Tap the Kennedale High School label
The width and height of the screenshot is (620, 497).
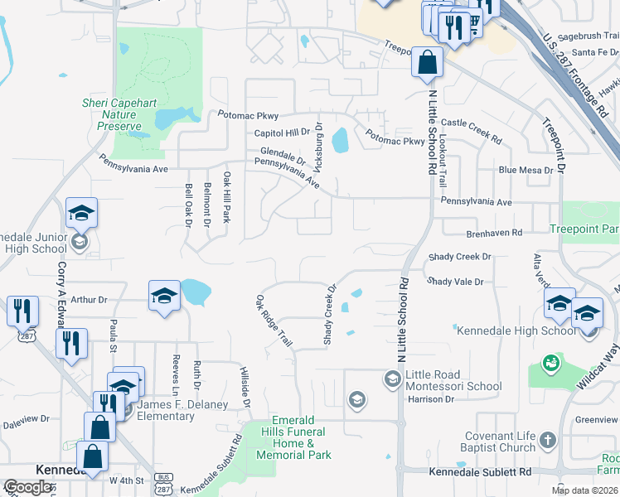pyautogui.click(x=516, y=331)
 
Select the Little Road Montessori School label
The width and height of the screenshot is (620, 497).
pyautogui.click(x=453, y=379)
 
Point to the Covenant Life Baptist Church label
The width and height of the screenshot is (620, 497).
pyautogui.click(x=487, y=442)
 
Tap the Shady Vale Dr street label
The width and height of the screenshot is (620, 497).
pyautogui.click(x=455, y=282)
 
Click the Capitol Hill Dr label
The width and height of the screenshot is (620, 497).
pyautogui.click(x=281, y=133)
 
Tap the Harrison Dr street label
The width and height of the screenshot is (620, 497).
pyautogui.click(x=431, y=399)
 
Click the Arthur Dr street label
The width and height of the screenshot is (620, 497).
pyautogui.click(x=90, y=300)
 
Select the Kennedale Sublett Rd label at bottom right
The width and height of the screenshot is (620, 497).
pyautogui.click(x=481, y=472)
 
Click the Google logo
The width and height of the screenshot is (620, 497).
pyautogui.click(x=27, y=486)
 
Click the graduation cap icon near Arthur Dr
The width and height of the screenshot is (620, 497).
pyautogui.click(x=164, y=296)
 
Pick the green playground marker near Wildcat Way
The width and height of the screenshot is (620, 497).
pyautogui.click(x=549, y=363)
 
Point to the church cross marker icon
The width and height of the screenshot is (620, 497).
pyautogui.click(x=547, y=439)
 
